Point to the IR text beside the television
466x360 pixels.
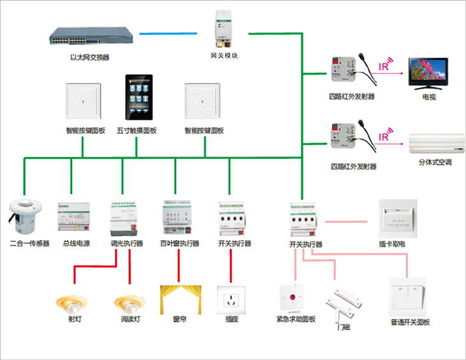pos(384,65)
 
